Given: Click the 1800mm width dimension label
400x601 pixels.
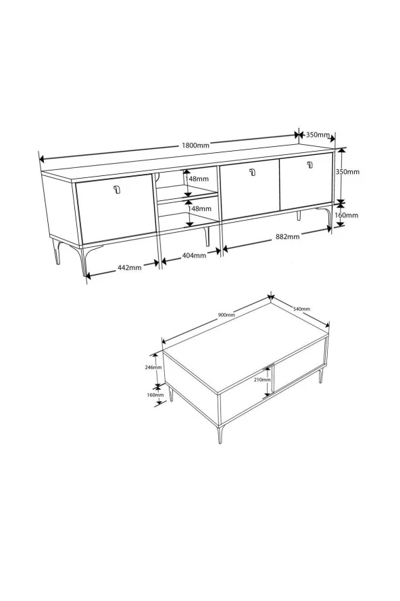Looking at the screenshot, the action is tap(195, 146).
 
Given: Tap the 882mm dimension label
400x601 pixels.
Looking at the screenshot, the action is tap(287, 236).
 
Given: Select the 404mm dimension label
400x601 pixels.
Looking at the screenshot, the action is tap(194, 255).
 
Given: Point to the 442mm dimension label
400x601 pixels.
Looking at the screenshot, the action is tap(129, 267).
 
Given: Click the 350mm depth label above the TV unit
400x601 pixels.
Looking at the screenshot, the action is tap(318, 135).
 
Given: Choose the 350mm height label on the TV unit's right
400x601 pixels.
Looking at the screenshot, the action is tap(347, 172).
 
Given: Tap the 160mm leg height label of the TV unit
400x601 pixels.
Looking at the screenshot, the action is tap(347, 215).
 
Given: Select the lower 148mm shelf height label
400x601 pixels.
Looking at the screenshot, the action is tap(199, 209).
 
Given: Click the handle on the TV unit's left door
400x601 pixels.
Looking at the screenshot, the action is tap(117, 190).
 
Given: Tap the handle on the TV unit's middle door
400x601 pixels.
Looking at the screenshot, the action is tap(252, 172).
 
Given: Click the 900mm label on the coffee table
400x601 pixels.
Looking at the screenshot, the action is tap(226, 315).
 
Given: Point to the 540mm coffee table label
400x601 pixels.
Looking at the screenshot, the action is tap(301, 309).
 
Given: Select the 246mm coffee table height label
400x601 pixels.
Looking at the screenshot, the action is tap(153, 368).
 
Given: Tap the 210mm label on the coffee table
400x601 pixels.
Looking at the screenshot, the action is tap(263, 380).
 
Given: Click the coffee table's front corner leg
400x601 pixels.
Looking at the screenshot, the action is tap(220, 435).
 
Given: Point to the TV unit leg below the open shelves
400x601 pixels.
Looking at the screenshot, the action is tap(207, 236).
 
